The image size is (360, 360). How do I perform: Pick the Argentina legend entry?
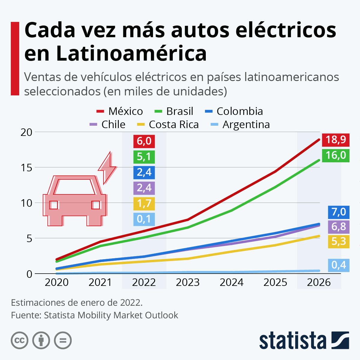click(x=240, y=124)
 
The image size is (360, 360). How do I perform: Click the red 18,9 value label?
click(x=336, y=139)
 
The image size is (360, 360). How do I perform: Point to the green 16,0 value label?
click(x=336, y=155)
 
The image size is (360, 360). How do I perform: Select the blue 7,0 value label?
click(x=339, y=212)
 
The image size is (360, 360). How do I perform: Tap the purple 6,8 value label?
click(x=339, y=226)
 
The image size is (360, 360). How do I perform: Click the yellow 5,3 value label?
click(x=339, y=241)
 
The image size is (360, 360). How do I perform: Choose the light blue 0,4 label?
click(x=339, y=265)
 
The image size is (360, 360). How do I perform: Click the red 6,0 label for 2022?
click(x=144, y=141)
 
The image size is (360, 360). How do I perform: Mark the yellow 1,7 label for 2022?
click(x=144, y=203)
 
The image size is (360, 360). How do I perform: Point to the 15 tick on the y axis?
click(x=26, y=167)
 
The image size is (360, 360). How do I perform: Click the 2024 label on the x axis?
click(x=231, y=282)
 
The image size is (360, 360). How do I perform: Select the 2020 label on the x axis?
click(x=56, y=282)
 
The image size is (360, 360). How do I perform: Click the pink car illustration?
click(x=74, y=201)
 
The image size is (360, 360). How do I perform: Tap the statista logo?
click(x=304, y=340)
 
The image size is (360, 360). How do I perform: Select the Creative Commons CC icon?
click(x=19, y=340)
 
